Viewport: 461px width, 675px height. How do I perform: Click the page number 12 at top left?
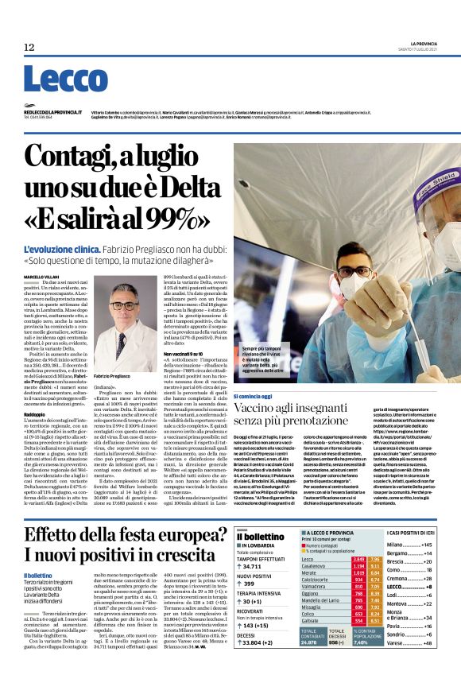coord(29,48)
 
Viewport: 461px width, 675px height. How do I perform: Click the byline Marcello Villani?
coord(41,276)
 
